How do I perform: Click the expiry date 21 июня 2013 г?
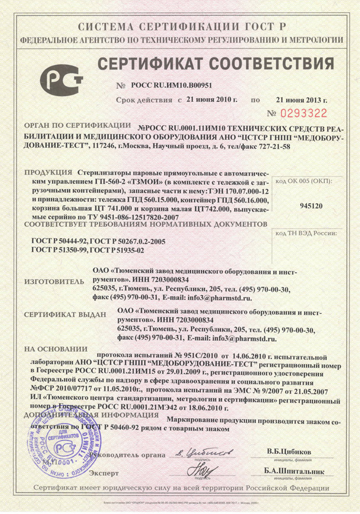(x=302, y=100)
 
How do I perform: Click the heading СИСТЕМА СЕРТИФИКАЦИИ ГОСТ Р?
(x=181, y=27)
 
